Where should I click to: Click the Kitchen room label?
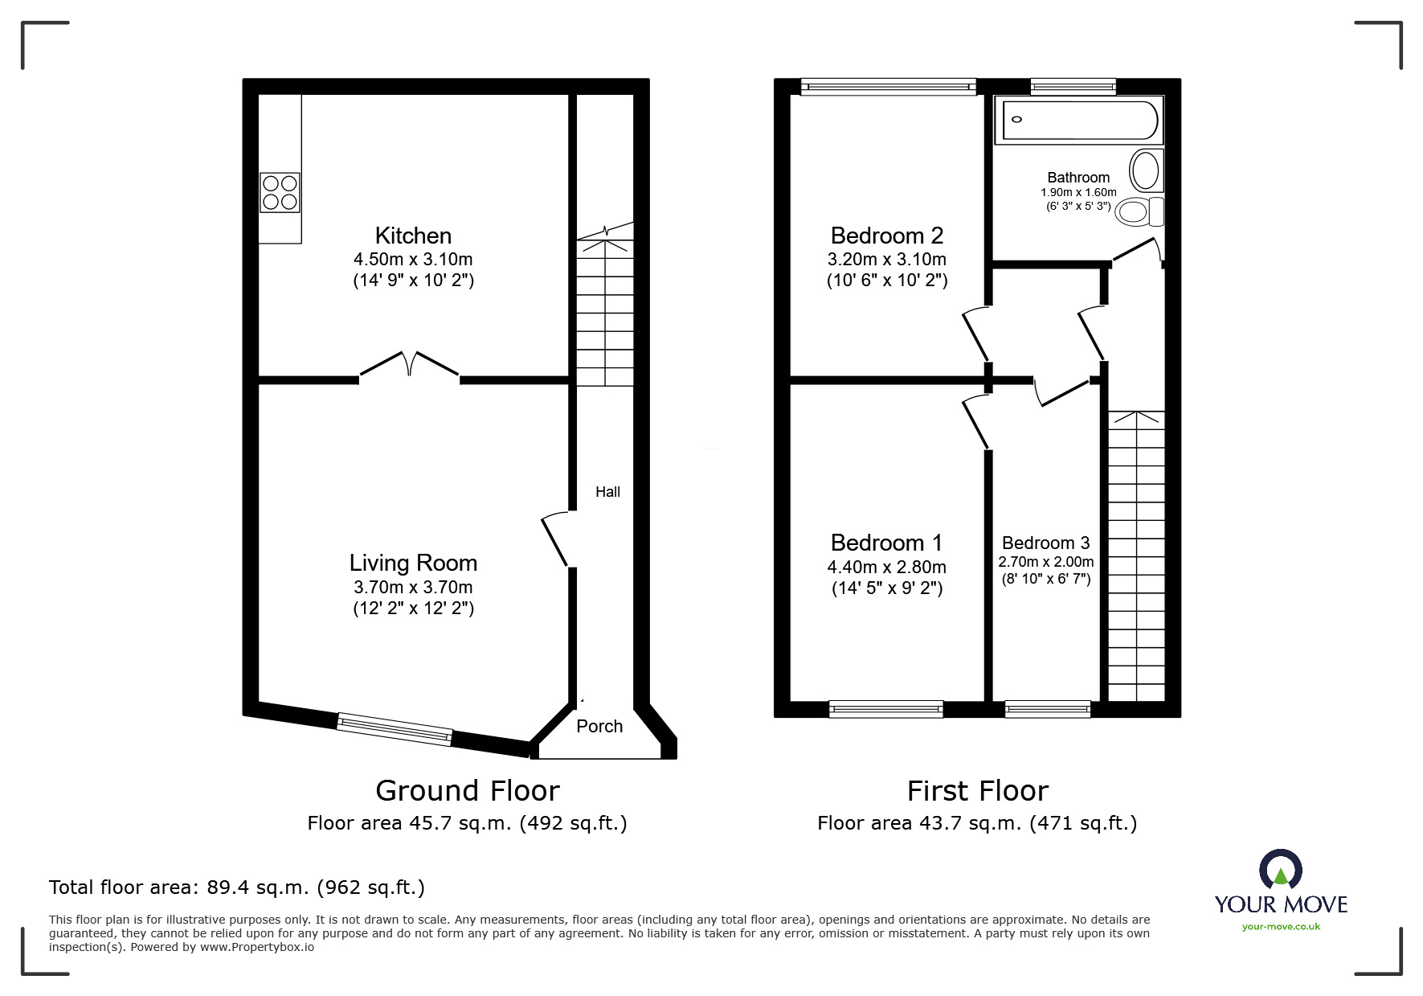[413, 236]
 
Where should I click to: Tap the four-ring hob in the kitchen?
[280, 193]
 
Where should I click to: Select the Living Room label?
[413, 563]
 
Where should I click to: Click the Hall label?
[607, 492]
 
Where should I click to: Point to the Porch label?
[599, 727]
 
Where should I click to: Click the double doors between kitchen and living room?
[409, 366]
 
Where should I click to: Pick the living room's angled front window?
[395, 728]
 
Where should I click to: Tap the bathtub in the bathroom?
[1078, 121]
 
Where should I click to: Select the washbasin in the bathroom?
[1144, 170]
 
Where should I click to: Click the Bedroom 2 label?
[887, 236]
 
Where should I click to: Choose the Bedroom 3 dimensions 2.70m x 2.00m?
[1046, 562]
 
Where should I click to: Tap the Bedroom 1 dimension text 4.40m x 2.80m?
[887, 567]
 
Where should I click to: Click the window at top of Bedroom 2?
[888, 86]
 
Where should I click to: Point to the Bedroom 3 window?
[1048, 709]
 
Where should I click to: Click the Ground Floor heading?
[467, 791]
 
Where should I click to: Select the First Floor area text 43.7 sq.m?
[977, 823]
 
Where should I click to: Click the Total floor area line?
[237, 887]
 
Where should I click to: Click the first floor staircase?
[1137, 555]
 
